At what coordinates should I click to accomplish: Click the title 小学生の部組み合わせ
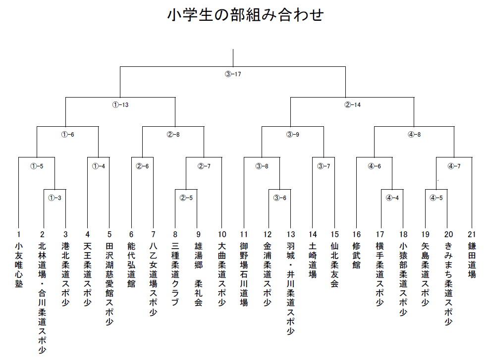click(245, 14)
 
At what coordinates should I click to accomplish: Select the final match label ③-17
click(233, 74)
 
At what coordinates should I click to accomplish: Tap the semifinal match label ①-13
click(120, 105)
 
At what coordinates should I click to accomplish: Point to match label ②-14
click(353, 105)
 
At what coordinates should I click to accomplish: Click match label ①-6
click(68, 135)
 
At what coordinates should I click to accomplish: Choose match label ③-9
click(293, 135)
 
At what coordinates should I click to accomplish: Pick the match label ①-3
click(54, 198)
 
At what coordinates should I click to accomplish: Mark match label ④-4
click(392, 198)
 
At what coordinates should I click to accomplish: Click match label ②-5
click(186, 198)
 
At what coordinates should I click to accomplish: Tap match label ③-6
click(280, 198)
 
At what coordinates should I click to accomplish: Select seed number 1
click(19, 235)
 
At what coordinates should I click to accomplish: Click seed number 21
click(472, 235)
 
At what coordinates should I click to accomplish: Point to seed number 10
click(222, 235)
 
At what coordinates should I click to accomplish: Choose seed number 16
click(357, 235)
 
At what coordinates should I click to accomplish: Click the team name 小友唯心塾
click(19, 265)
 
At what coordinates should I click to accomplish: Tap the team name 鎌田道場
click(472, 260)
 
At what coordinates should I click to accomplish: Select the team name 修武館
click(357, 256)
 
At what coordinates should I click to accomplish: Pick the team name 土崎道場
click(313, 260)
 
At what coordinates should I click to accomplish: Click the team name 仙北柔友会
click(334, 265)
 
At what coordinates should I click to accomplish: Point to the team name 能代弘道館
click(131, 265)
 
